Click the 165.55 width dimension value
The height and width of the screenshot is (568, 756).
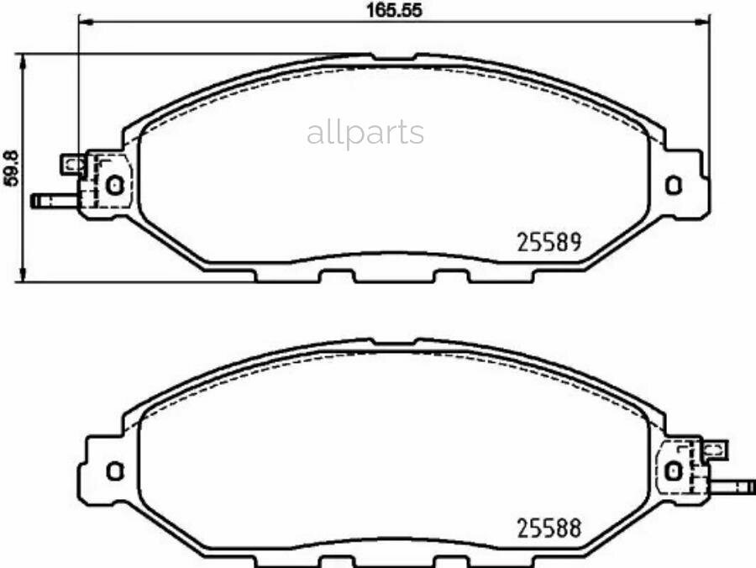pos(395,10)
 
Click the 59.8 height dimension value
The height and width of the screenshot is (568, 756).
pos(11,168)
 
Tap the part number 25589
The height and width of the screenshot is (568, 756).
pos(549,242)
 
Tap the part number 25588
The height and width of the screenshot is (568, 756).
pos(549,529)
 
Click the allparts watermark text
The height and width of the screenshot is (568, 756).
pos(365,132)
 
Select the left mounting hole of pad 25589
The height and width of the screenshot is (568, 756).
pos(115,185)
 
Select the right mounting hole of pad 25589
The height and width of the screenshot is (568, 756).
pos(674,186)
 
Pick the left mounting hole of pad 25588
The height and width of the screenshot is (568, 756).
pos(115,471)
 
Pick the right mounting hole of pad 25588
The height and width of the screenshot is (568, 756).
pos(673,471)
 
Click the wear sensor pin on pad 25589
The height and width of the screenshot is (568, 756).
pos(54,200)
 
